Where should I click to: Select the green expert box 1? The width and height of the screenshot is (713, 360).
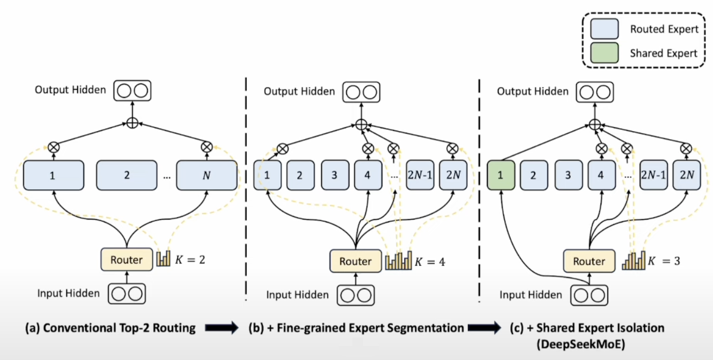coord(501,176)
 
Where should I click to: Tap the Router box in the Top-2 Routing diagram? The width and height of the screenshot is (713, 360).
coord(126,260)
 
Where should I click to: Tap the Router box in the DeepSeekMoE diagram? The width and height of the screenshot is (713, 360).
coord(589,262)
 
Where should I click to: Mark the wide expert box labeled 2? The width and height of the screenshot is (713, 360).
coord(127,176)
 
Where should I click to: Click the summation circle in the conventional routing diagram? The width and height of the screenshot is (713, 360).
coord(132,123)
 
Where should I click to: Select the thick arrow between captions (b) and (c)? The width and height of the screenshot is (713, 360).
coord(484,328)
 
